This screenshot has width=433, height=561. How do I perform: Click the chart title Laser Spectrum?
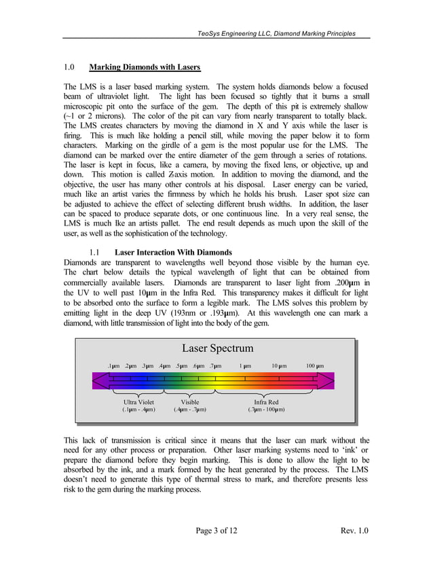(218, 349)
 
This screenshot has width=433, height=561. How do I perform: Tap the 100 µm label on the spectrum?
(314, 367)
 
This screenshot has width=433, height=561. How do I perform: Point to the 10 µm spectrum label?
(278, 367)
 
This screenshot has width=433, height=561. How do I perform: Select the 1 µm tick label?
(245, 367)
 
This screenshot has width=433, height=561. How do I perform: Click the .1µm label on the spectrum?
(113, 367)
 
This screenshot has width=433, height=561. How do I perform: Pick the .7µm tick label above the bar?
(214, 367)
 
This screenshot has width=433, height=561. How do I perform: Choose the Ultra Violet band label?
(138, 402)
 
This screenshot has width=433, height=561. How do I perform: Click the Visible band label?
(190, 402)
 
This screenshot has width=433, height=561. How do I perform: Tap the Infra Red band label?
(265, 402)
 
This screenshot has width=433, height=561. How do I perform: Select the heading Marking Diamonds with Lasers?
(145, 68)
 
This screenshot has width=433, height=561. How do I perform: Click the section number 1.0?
(69, 68)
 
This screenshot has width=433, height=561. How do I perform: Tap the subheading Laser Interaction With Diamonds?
(174, 253)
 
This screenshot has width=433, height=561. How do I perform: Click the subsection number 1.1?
(95, 253)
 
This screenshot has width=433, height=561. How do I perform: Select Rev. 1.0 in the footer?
(352, 530)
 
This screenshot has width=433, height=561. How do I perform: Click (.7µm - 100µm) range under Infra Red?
(265, 410)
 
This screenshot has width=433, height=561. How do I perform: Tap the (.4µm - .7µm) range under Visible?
(190, 410)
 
